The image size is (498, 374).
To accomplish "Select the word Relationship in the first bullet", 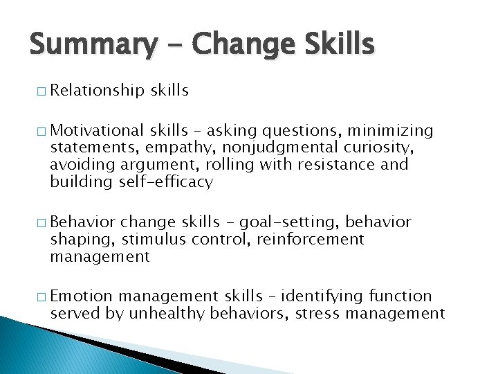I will click(97, 90).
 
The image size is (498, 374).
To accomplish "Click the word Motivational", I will click(97, 130).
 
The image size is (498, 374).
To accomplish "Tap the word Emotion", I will click(81, 296).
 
